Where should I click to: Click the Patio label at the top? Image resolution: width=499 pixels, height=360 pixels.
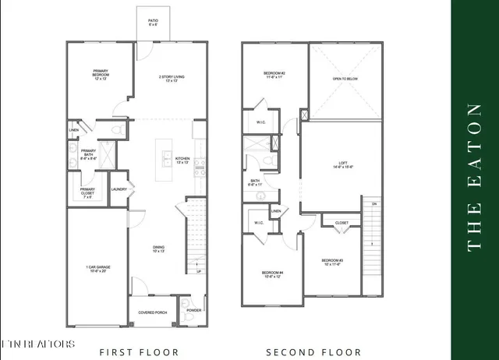pyautogui.click(x=154, y=23)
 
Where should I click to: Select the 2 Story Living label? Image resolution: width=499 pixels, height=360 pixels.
pyautogui.click(x=172, y=79)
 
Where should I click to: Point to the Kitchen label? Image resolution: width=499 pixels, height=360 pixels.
pyautogui.click(x=182, y=158)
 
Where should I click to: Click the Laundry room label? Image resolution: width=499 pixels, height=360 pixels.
pyautogui.click(x=119, y=189)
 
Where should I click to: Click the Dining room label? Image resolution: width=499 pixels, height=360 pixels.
pyautogui.click(x=159, y=249)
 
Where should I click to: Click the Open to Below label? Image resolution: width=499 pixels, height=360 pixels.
pyautogui.click(x=344, y=79)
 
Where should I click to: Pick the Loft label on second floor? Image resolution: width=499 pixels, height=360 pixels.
pyautogui.click(x=343, y=165)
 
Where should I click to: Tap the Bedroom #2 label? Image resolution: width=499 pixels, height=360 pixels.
pyautogui.click(x=274, y=76)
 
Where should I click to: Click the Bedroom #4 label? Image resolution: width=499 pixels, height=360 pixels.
pyautogui.click(x=272, y=274)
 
